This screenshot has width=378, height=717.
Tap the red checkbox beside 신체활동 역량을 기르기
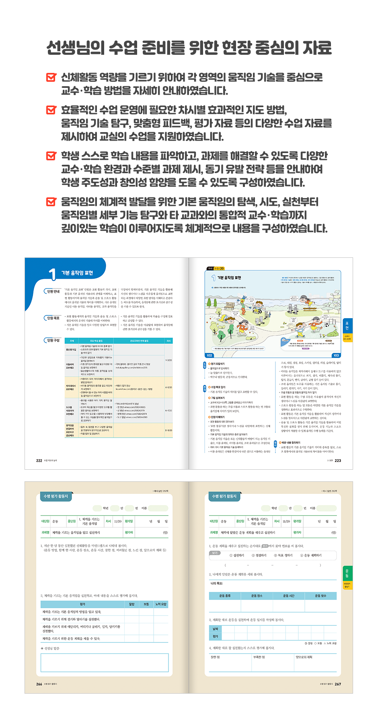pos(51,77)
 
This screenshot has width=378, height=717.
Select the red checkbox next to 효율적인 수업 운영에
pos(51,110)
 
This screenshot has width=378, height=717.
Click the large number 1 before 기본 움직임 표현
pos(52,274)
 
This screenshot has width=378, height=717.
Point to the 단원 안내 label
pos(53,291)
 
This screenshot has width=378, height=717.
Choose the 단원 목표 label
pos(53,318)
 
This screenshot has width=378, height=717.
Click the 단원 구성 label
pos(53,340)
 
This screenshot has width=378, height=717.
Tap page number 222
pos(39,460)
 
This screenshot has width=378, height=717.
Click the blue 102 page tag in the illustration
pos(210,355)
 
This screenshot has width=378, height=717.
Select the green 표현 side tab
pos(347,326)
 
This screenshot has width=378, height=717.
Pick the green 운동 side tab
pos(347,573)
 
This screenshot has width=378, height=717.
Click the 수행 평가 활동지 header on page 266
pos(56,496)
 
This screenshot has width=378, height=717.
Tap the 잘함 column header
pos(131,604)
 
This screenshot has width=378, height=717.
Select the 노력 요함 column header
pos(160,604)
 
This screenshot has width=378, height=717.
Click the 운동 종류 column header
pos(225,596)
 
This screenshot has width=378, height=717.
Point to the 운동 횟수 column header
pos(320,596)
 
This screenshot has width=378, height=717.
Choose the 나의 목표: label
pos(217,583)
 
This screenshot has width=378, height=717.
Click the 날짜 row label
pos(215,629)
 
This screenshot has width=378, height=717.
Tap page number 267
pos(338,684)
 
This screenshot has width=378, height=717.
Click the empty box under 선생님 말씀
pos(105,662)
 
